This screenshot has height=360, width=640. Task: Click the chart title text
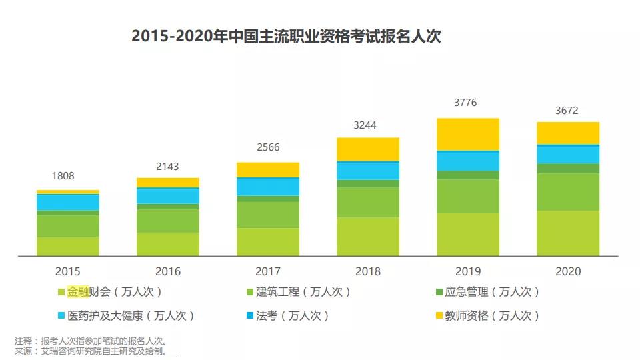click(286, 36)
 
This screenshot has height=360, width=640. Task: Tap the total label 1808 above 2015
click(63, 176)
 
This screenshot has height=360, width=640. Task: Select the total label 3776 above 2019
click(465, 103)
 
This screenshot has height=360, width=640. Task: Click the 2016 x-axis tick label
click(168, 271)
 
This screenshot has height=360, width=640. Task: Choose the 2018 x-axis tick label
click(368, 271)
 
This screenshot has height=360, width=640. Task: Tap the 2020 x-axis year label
click(568, 271)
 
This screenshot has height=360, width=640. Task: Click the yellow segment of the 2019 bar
click(468, 134)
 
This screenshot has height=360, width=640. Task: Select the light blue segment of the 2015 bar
click(68, 202)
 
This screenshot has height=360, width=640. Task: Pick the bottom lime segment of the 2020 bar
click(568, 233)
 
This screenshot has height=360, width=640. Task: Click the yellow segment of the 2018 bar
click(368, 149)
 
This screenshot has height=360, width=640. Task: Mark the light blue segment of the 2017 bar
click(268, 187)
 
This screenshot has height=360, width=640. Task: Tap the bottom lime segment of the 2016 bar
click(168, 244)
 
